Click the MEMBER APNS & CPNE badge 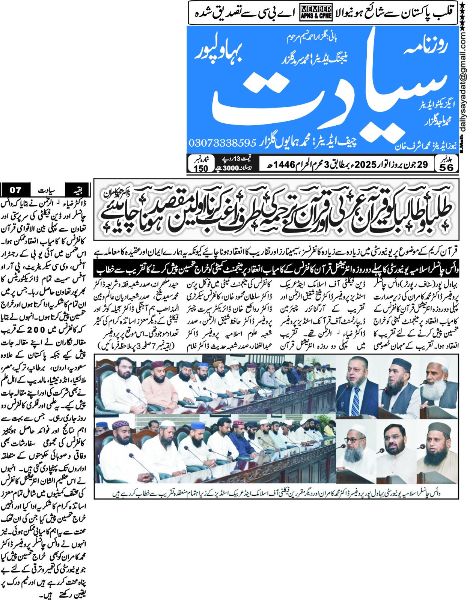click(316, 12)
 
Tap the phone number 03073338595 click(222, 143)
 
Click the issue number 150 click(201, 168)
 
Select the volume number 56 click(446, 167)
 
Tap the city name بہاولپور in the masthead click(220, 52)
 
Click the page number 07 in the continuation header click(15, 190)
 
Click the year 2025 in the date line click(365, 164)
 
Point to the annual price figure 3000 click(230, 168)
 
